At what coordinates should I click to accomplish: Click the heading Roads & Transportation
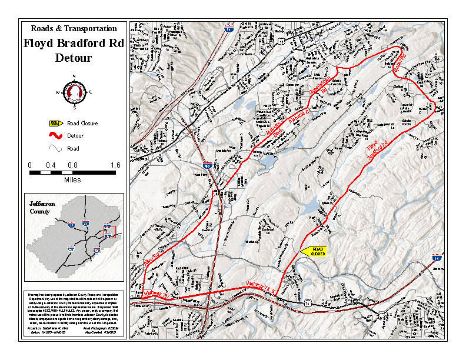[74, 28]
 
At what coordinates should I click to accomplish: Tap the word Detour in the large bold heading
[74, 58]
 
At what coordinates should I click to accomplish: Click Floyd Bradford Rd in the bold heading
[74, 43]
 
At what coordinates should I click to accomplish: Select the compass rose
[74, 92]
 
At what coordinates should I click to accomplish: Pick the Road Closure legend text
[82, 124]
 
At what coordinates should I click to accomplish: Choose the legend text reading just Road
[74, 149]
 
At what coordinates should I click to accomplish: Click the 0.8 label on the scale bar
[73, 165]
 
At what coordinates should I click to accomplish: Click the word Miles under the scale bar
[72, 180]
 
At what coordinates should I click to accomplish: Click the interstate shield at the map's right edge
[436, 257]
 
